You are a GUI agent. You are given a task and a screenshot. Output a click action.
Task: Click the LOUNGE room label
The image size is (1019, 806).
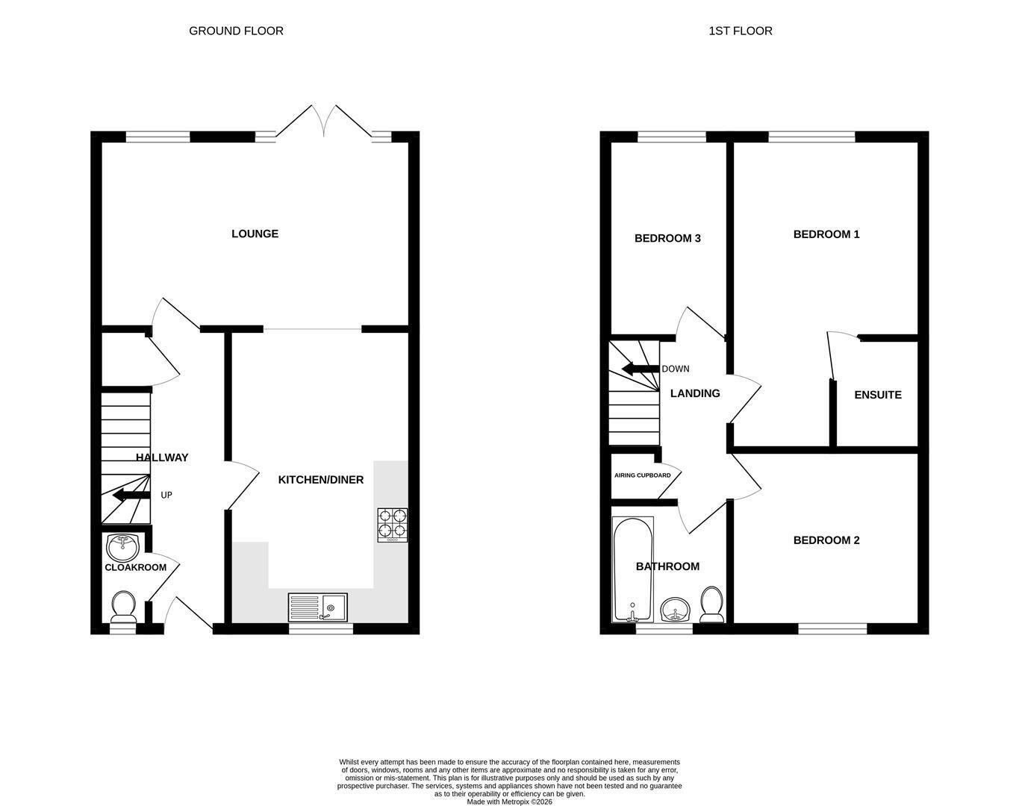click(255, 234)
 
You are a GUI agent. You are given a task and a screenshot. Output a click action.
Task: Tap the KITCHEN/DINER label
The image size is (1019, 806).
click(320, 480)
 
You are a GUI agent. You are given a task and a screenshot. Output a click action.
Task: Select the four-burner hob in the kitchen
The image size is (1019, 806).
click(393, 525)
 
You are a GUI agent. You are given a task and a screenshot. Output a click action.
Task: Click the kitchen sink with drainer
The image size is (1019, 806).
click(318, 607)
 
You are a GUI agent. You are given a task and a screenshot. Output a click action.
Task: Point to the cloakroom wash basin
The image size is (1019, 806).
click(123, 547)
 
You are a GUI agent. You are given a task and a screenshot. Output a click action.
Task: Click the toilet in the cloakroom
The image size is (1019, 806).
click(124, 606)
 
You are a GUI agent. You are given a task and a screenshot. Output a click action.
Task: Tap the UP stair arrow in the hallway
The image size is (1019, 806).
click(131, 496)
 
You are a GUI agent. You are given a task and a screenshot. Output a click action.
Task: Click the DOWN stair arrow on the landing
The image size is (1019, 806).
click(641, 369)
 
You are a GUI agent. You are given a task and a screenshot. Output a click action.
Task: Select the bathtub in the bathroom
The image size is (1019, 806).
click(632, 570)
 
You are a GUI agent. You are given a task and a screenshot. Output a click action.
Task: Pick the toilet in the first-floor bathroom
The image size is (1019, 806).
click(711, 604)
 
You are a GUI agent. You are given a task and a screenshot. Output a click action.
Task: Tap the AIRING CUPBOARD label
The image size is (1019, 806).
click(643, 475)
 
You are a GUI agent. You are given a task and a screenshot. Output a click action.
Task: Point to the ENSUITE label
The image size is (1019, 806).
click(878, 395)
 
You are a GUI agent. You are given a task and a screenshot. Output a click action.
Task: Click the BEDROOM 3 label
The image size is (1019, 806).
click(667, 238)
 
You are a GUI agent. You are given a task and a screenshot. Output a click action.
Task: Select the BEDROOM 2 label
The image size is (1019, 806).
click(826, 540)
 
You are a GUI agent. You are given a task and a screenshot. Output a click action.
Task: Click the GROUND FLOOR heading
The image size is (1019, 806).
click(237, 31)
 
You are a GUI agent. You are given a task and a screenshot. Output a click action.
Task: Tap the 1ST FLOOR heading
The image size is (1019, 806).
click(741, 31)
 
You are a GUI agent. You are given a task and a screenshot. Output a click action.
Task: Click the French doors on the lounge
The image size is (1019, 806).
click(324, 121)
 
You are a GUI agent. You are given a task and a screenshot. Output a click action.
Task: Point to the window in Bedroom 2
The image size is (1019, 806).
click(833, 629)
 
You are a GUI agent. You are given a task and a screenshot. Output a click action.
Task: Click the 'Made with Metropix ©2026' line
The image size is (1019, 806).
click(509, 802)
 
